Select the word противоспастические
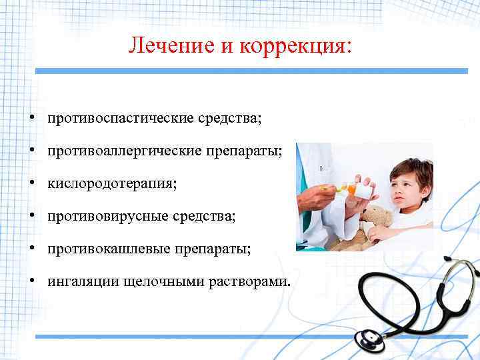click(x=120, y=118)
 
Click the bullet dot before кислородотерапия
click(x=32, y=183)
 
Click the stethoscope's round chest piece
click(x=370, y=339)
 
